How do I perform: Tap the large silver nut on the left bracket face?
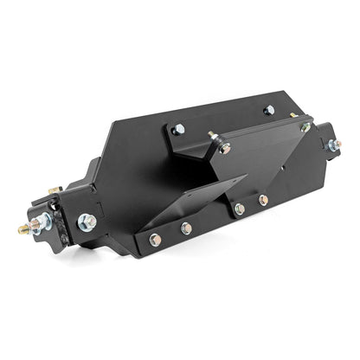pos(87,222)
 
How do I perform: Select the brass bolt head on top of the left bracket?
pos(55,190)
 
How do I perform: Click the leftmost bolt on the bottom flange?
pos(155,240)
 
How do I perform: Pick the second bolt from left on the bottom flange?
pos(186,228)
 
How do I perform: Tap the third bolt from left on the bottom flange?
pos(239,209)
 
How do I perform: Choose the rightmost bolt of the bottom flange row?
pos(263,200)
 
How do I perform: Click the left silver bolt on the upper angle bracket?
pos(178,129)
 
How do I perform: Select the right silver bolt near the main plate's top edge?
pos(269,110)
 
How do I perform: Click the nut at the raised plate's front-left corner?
pos(225,148)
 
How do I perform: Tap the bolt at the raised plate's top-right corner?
pos(305,126)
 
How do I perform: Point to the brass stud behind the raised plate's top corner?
pos(294,114)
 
